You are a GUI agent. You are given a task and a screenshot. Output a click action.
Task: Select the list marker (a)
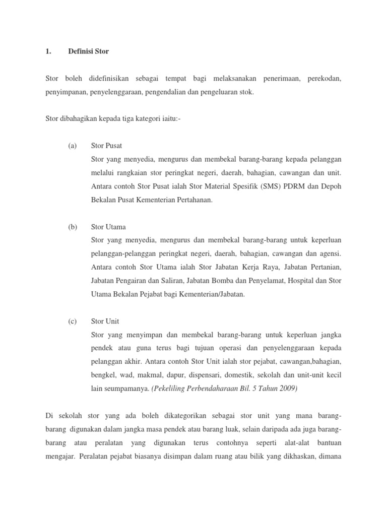pyautogui.click(x=73, y=146)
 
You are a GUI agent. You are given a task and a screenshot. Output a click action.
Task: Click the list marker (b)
pyautogui.click(x=73, y=227)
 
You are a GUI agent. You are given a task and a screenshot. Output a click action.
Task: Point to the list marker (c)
pyautogui.click(x=73, y=321)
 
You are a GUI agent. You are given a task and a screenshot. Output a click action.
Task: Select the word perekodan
pyautogui.click(x=325, y=79)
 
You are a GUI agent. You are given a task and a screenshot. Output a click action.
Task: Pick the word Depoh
pyautogui.click(x=330, y=186)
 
